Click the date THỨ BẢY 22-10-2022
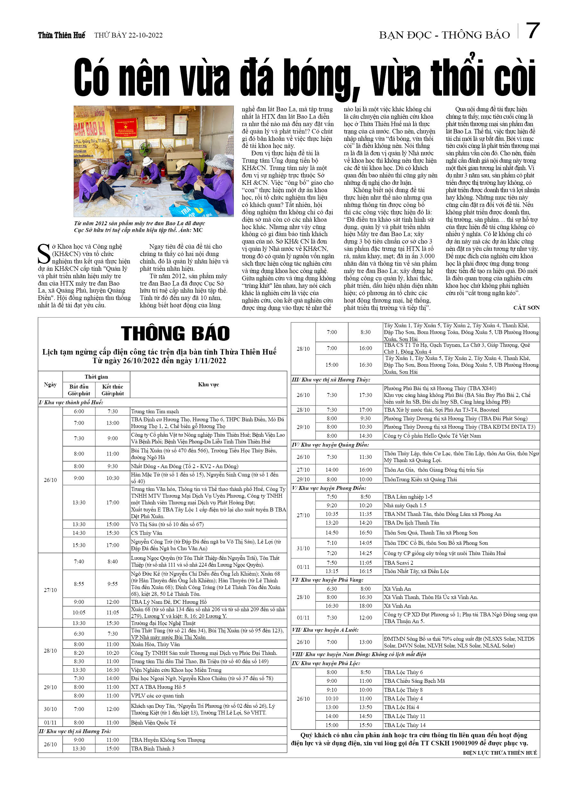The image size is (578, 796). tap(128, 35)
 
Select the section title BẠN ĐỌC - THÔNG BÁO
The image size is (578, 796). tap(444, 35)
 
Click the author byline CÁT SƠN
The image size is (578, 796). tap(526, 308)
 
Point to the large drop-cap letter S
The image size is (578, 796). tap(44, 254)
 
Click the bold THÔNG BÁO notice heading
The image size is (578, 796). tap(175, 333)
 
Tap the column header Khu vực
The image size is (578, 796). tap(208, 384)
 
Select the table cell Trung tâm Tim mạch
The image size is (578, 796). tap(155, 411)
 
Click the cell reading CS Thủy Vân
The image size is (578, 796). tap(146, 533)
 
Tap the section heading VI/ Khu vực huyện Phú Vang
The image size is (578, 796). tap(327, 580)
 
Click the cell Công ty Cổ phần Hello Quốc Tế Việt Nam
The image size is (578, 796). tap(432, 436)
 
